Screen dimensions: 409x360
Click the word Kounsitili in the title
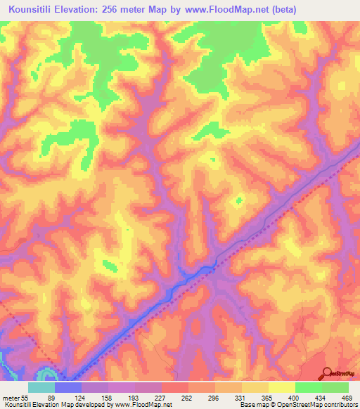click(x=35, y=10)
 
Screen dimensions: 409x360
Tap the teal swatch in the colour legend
click(x=41, y=387)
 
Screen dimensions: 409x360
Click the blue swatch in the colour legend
click(x=68, y=387)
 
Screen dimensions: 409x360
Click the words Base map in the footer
click(x=250, y=404)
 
